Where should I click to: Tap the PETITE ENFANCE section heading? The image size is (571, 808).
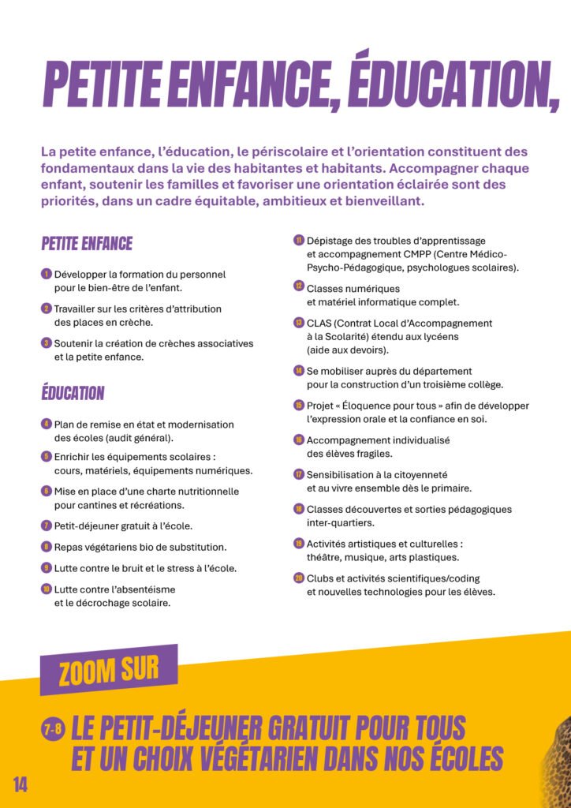[x=87, y=244]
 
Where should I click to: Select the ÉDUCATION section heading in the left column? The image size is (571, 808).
[x=73, y=393]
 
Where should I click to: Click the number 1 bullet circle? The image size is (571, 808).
[x=47, y=274]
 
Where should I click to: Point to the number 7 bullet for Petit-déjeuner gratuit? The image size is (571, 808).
[x=47, y=525]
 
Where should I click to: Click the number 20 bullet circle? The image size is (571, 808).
[x=299, y=578]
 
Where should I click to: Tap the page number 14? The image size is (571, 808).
[x=21, y=784]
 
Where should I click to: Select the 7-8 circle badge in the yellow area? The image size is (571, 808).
[x=52, y=731]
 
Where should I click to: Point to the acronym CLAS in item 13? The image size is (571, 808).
[x=319, y=324]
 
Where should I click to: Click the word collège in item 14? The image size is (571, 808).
[x=483, y=384]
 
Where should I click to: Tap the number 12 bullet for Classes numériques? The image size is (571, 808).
[x=299, y=286]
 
